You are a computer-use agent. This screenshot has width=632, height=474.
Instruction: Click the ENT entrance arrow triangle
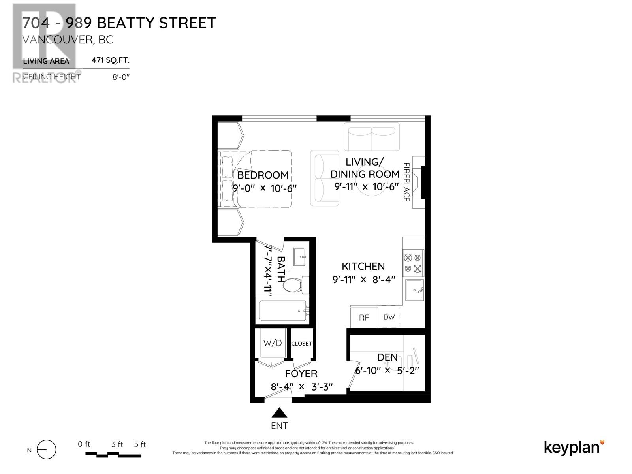279,413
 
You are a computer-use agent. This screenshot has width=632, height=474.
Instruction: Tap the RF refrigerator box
364,318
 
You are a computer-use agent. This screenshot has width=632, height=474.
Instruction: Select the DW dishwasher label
389,317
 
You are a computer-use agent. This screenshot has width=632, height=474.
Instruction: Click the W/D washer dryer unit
273,343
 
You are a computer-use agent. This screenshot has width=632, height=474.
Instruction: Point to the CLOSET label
301,344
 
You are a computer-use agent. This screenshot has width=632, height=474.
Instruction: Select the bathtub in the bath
282,311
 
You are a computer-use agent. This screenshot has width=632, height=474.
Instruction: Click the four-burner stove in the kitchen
413,263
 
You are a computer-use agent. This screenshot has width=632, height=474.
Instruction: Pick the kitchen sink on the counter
414,290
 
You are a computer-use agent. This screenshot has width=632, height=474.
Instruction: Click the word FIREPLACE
406,182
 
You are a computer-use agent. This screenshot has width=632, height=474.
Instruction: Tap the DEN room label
387,357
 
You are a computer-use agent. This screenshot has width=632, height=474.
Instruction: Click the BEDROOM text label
263,175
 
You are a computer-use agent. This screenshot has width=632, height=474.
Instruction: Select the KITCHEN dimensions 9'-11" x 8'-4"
364,280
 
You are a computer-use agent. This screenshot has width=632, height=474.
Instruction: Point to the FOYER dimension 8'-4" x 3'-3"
301,387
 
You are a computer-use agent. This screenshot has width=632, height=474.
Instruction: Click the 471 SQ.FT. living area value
110,60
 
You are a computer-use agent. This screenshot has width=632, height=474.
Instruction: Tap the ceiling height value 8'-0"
121,77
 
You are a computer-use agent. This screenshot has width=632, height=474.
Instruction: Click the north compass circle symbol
47,450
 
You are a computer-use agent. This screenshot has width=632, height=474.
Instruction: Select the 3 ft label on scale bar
117,444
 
